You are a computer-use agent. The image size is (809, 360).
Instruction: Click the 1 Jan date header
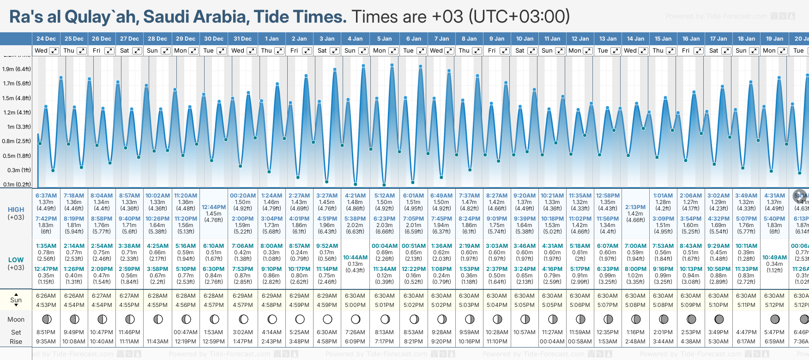(x=271, y=39)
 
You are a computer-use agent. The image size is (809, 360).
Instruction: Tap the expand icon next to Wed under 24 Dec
(x=54, y=51)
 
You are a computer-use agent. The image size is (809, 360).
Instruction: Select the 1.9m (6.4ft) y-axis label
(x=17, y=69)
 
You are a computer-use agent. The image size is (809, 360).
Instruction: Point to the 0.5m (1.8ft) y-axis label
(x=17, y=156)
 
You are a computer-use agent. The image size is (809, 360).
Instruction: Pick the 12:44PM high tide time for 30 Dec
(x=214, y=207)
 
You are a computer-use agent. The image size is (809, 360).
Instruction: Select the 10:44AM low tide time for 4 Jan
(x=355, y=258)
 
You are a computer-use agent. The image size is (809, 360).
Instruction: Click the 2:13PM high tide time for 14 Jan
(x=635, y=207)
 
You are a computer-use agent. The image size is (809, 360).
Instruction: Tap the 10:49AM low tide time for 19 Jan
(x=774, y=258)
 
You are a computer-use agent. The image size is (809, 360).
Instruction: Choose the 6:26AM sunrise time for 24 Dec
(x=46, y=296)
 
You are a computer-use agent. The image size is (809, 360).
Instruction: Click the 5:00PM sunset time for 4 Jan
(x=355, y=305)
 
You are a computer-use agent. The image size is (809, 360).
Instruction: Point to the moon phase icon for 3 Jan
(x=327, y=319)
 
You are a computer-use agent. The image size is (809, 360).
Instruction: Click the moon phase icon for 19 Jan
(x=775, y=319)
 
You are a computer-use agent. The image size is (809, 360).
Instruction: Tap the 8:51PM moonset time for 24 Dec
(x=46, y=332)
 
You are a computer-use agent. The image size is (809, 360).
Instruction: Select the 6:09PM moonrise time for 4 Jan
(x=355, y=342)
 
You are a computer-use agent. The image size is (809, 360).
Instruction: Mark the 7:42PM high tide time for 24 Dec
(x=46, y=219)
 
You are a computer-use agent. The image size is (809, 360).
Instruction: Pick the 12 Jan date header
(x=580, y=39)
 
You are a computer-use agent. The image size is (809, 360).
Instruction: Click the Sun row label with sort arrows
(x=16, y=300)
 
